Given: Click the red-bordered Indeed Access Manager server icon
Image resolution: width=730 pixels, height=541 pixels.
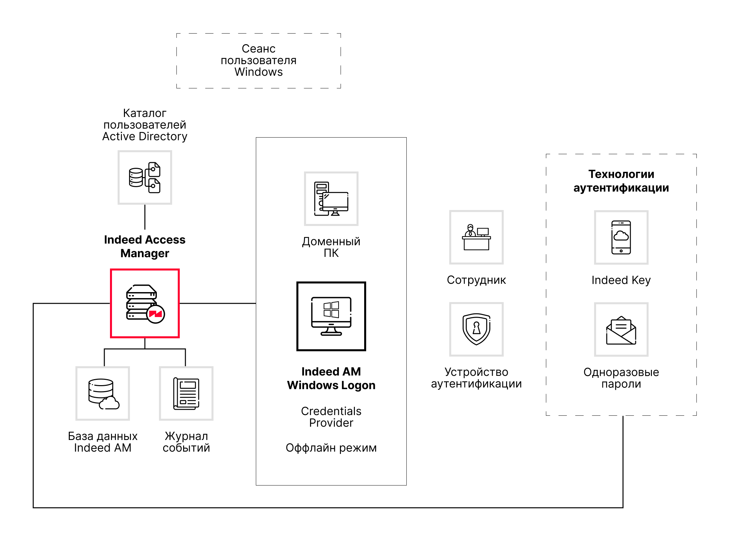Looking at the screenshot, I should (x=145, y=303).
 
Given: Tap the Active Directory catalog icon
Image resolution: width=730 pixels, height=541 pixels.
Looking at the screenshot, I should (x=145, y=177).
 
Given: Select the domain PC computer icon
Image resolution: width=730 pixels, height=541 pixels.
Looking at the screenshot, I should (x=331, y=199).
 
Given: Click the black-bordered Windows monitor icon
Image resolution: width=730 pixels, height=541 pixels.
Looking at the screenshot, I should (x=331, y=316).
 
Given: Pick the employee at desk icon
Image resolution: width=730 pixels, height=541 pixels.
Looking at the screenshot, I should (x=476, y=237).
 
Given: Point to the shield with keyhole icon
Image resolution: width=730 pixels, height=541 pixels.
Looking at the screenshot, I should (x=476, y=329).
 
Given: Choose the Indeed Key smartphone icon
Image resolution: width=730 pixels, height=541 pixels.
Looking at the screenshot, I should (x=621, y=237).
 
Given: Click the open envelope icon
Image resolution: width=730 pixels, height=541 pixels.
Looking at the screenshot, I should (x=621, y=329).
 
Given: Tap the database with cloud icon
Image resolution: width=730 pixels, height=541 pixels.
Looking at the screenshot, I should (x=103, y=393).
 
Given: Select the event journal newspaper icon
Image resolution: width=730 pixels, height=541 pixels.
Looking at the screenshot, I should (x=186, y=393).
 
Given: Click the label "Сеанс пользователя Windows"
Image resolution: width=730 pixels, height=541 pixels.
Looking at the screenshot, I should (x=259, y=60).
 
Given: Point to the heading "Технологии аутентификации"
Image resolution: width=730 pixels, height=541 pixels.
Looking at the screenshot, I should (x=621, y=181).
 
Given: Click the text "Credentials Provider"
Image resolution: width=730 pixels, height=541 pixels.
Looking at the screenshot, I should (x=331, y=417).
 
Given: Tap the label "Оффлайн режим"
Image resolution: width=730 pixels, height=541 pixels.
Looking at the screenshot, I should (x=331, y=448).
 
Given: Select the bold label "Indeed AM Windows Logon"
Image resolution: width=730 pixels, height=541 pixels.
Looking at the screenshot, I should (x=331, y=379).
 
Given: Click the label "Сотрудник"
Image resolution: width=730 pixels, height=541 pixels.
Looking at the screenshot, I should (x=476, y=280).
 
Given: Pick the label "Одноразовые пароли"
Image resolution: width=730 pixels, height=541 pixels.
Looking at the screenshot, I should (x=621, y=378).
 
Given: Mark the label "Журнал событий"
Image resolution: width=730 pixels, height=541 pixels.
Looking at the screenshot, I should (x=186, y=442).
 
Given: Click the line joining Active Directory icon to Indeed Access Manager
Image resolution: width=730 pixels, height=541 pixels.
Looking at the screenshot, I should (x=145, y=217).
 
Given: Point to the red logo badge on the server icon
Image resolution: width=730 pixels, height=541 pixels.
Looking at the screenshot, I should (x=156, y=314).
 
